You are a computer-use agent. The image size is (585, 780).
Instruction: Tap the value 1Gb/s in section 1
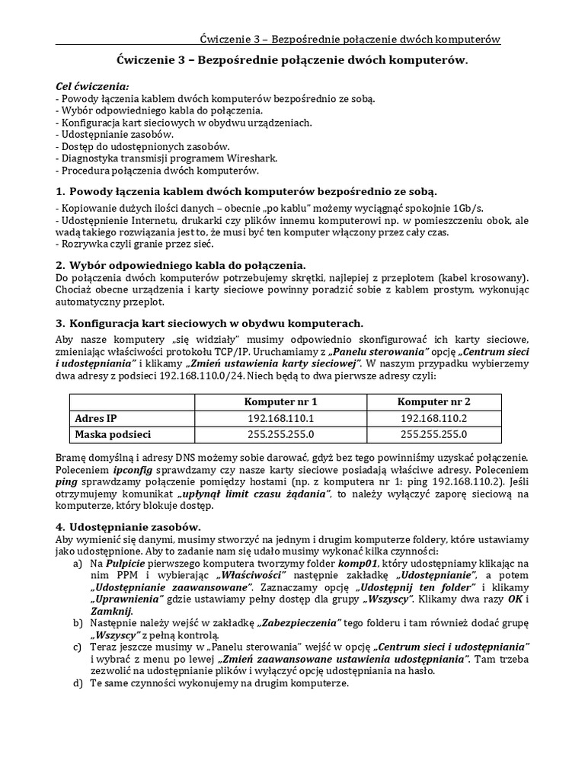pyautogui.click(x=470, y=207)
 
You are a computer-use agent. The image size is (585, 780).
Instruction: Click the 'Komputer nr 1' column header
pyautogui.click(x=280, y=402)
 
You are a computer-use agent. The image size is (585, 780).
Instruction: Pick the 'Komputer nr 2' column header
pyautogui.click(x=433, y=402)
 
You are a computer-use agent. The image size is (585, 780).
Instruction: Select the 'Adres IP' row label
pyautogui.click(x=96, y=418)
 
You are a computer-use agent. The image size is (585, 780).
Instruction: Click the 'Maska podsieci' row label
pyautogui.click(x=113, y=435)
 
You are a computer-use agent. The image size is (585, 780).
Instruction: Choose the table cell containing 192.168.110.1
pyautogui.click(x=280, y=418)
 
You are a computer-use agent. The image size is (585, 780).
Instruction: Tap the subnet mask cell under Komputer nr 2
pyautogui.click(x=433, y=435)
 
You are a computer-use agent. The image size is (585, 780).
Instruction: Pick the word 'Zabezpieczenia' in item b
pyautogui.click(x=299, y=623)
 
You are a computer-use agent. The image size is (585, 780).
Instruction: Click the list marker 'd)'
pyautogui.click(x=77, y=684)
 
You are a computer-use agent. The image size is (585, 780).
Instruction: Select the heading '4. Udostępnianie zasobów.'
pyautogui.click(x=129, y=526)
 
